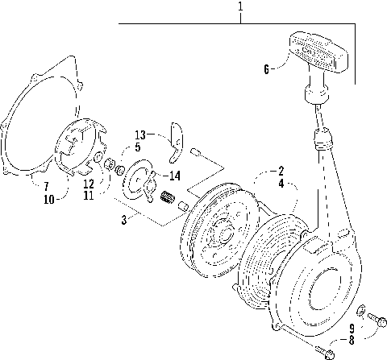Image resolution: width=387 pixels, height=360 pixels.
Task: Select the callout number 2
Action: (281, 171)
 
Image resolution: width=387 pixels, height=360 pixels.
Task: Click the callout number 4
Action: (281, 184)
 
